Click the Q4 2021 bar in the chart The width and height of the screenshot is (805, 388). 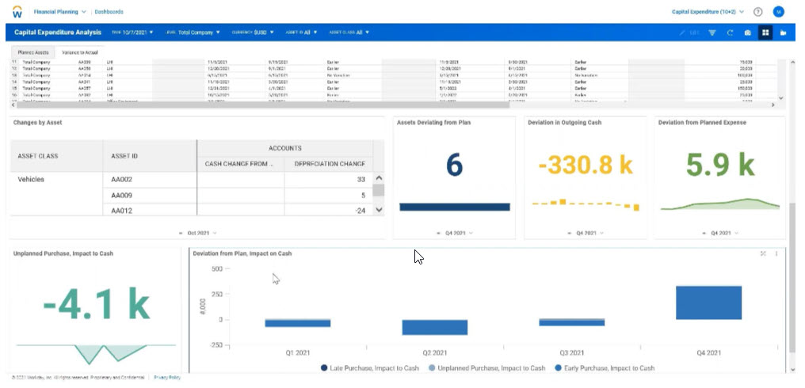point(708,302)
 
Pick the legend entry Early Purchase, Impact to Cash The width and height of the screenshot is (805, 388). point(605,368)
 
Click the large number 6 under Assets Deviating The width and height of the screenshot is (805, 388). point(454,165)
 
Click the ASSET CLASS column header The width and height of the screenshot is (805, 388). point(38,156)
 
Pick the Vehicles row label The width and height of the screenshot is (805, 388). point(31,180)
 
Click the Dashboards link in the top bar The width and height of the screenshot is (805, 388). point(109,12)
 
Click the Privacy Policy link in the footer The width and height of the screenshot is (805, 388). point(167,378)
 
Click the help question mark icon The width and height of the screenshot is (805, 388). point(758,12)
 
